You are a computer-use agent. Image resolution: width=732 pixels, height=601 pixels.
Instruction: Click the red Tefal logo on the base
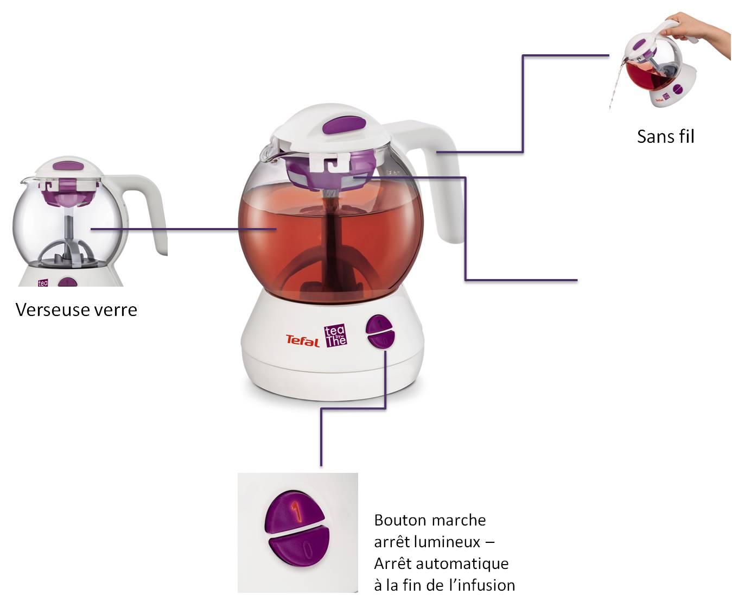tap(302, 340)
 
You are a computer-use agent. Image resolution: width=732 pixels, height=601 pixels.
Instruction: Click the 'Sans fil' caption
tap(665, 136)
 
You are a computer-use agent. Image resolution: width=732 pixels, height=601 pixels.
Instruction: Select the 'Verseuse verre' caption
tap(77, 310)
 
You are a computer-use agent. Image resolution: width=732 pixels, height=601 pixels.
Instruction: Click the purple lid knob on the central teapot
tap(344, 125)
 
